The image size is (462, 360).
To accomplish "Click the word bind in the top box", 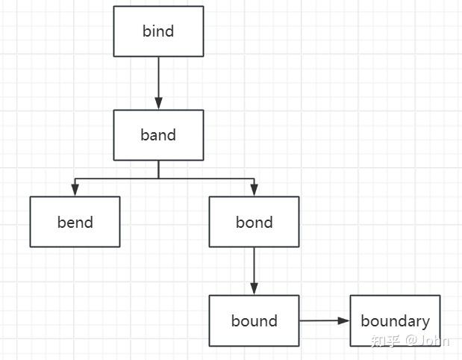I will coord(158,31).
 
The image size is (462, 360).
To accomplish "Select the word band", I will coord(158,135).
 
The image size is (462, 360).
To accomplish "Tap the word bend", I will coord(75,222).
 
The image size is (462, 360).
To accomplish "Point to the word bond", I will coord(254,222).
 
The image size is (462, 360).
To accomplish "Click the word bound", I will coord(254,321).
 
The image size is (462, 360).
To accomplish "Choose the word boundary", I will coord(395,321).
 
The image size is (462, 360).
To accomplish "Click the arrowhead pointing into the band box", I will coord(158,104).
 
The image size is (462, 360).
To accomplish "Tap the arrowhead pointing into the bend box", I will coord(75,190).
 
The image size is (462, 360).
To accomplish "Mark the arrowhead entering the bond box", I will coord(254,190).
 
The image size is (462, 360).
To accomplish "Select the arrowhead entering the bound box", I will coord(254,289).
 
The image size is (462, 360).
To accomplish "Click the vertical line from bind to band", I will coord(158,78).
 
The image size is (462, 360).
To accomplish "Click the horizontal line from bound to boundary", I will coord(321,321).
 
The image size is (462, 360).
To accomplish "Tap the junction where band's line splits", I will coord(158,179).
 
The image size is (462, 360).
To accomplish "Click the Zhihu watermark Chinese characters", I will coord(385,341).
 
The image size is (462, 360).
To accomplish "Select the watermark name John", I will coord(434,341).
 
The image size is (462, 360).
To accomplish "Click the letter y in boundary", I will coord(425,323).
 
